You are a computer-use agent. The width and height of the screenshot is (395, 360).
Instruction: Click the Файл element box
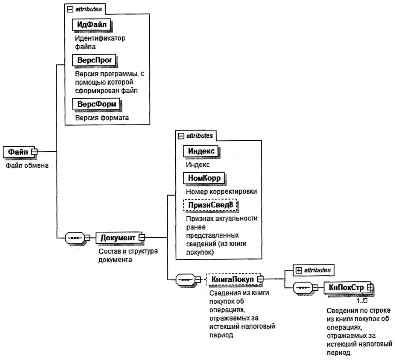[17, 152]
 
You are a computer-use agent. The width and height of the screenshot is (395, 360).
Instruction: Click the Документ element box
[117, 237]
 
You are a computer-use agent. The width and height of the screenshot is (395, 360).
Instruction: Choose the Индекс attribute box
[201, 151]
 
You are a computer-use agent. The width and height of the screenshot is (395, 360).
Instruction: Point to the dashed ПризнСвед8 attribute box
[211, 204]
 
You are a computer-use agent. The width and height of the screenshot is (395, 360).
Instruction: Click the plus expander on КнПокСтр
[370, 287]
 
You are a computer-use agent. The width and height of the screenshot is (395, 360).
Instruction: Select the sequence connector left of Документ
[75, 237]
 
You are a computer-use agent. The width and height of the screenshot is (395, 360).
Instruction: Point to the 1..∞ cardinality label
[363, 301]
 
